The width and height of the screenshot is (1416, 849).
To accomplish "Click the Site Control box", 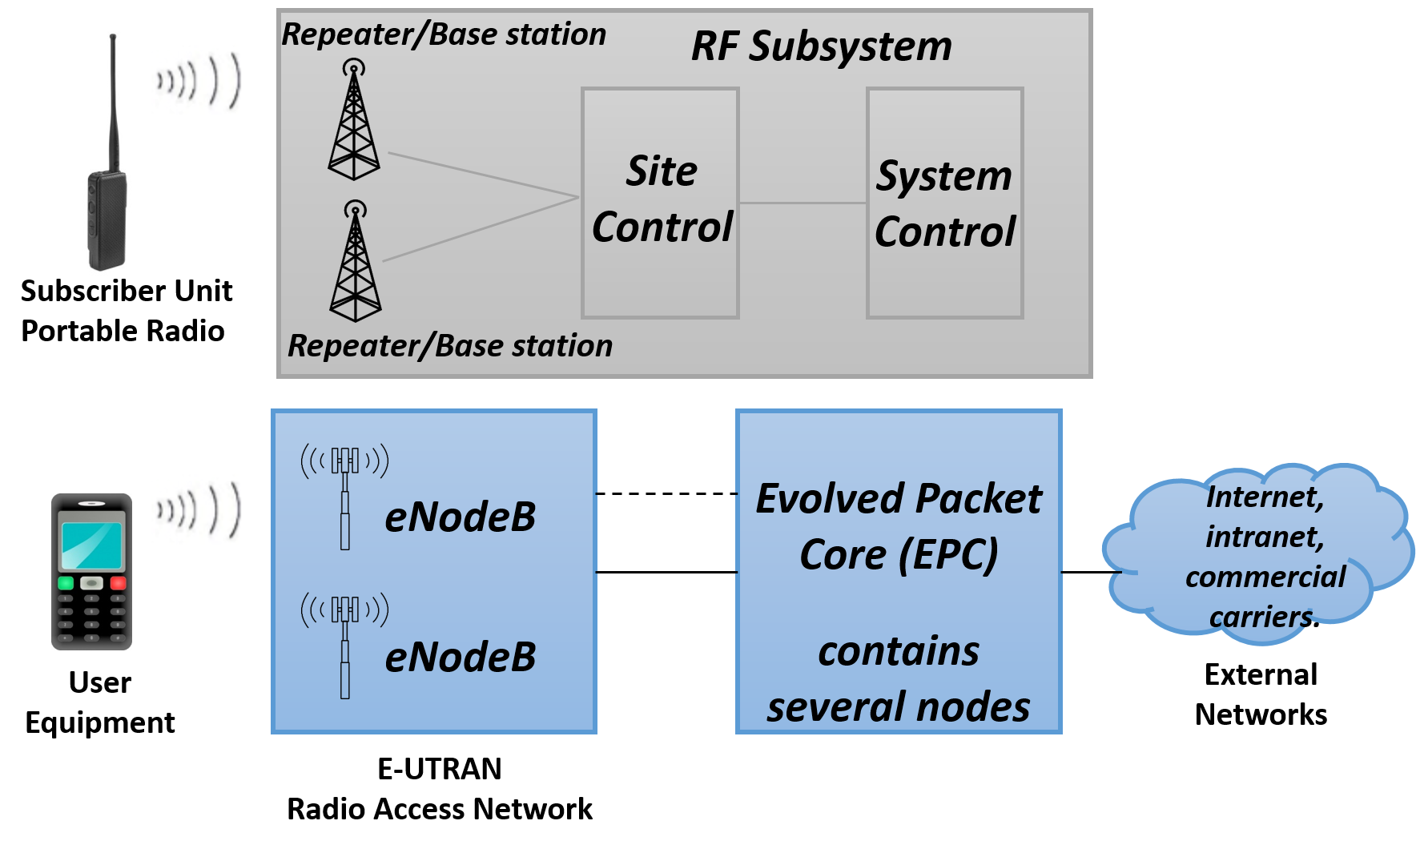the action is tap(660, 203).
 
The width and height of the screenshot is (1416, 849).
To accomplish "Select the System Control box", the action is tap(945, 203).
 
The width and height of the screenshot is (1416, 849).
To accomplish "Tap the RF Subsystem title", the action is tap(822, 46).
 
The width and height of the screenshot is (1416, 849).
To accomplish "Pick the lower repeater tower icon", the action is tap(355, 261).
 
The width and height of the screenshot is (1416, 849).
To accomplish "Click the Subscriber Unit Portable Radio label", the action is tap(126, 311).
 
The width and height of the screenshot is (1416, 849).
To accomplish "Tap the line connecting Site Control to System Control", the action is tap(803, 203).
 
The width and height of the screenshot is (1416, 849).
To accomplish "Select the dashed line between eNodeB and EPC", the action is tap(666, 493).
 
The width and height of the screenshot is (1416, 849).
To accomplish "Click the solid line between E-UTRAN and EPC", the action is tap(666, 572).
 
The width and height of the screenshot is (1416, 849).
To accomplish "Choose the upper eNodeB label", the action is tap(460, 517).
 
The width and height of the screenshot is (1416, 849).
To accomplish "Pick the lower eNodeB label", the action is tap(460, 658).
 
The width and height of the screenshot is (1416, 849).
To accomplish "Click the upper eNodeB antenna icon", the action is tap(345, 496).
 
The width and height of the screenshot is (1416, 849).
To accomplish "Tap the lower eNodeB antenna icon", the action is tap(345, 646).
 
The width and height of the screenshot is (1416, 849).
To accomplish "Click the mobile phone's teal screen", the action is tap(91, 545).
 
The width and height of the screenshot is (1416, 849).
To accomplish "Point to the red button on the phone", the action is tap(118, 583).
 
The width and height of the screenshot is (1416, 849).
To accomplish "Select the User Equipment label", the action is tap(100, 702).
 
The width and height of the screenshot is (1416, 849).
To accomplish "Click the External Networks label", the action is tap(1261, 694).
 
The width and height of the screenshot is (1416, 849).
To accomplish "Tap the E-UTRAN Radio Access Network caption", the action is tap(440, 789).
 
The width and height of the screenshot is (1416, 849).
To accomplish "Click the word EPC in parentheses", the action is tap(948, 555).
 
